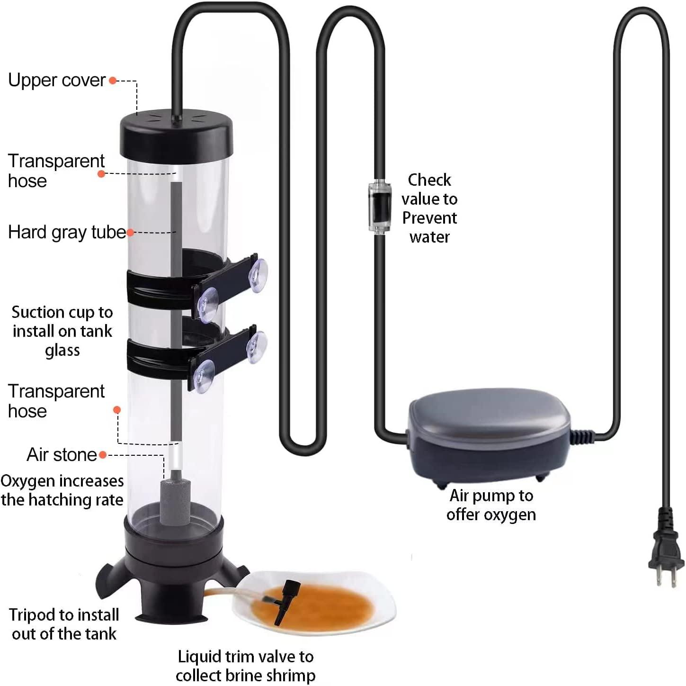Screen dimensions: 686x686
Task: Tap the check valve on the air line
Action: click(379, 207)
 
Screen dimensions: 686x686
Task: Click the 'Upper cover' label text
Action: click(57, 80)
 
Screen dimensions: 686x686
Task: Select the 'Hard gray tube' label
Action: click(67, 232)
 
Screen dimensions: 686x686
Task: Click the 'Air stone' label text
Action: click(62, 455)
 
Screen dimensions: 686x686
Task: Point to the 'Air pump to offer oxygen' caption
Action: click(491, 505)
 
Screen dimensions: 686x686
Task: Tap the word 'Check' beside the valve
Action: click(429, 180)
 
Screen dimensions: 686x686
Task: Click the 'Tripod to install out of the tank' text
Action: click(64, 624)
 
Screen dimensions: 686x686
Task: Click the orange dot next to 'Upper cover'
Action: click(113, 81)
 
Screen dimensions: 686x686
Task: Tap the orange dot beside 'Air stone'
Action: click(103, 455)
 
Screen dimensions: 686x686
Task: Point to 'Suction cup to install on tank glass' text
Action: click(62, 331)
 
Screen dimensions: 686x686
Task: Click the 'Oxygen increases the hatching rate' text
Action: click(62, 490)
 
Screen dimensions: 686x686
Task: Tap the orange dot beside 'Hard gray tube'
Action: click(131, 233)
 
